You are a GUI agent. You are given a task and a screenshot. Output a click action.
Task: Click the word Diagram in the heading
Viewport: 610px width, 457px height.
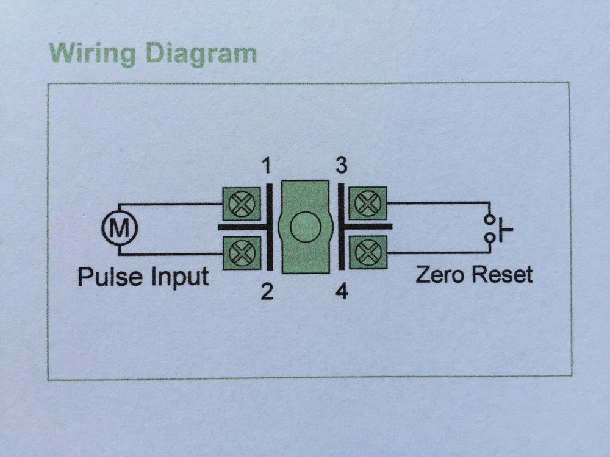point(201,55)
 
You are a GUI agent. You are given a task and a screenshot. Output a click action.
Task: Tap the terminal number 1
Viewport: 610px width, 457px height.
point(267,166)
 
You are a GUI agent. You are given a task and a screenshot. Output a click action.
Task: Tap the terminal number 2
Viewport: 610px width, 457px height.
point(267,292)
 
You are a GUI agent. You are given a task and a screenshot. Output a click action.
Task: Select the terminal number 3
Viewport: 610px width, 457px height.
point(342,166)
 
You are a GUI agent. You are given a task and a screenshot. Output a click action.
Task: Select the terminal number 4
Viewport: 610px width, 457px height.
point(342,292)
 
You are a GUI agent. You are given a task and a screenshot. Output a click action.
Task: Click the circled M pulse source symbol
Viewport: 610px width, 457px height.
point(120,228)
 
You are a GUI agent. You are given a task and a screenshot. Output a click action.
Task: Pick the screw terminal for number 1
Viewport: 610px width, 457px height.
point(242,204)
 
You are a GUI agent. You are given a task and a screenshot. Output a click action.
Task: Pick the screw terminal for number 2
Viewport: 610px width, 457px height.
point(242,252)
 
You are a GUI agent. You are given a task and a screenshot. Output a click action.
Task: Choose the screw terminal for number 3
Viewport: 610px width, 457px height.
point(367,203)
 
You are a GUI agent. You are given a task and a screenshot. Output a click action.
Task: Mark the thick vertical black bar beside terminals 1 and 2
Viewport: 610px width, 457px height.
point(270,227)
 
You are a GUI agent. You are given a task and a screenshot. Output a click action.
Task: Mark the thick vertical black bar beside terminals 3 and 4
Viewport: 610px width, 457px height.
point(341,227)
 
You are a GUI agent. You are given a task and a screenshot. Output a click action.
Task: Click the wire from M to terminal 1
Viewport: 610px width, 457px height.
point(171,204)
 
